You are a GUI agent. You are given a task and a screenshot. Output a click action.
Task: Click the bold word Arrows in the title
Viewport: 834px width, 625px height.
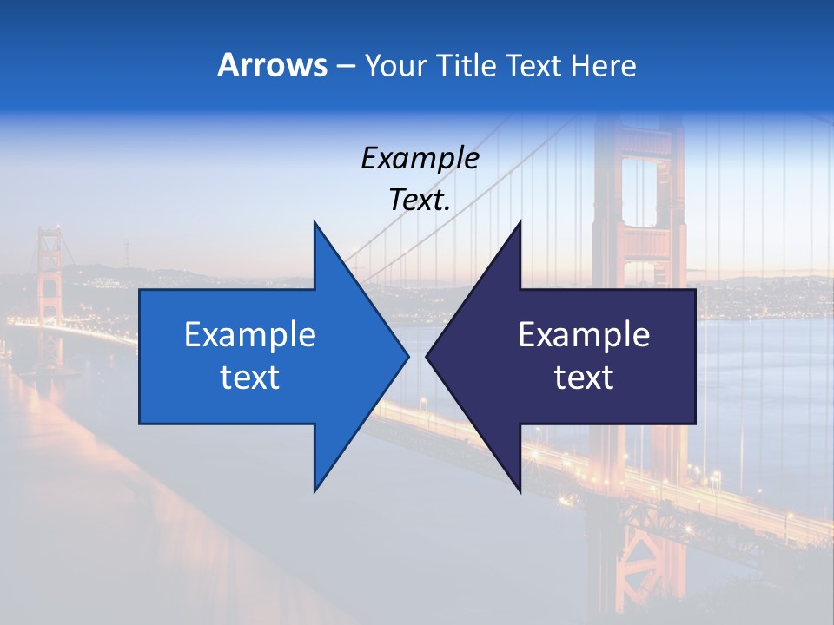272,66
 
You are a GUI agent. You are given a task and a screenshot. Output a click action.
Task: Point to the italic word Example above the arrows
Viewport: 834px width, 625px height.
420,159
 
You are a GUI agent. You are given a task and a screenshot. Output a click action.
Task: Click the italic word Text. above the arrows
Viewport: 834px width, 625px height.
420,201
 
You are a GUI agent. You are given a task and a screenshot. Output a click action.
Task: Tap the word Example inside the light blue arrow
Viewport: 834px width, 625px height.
250,335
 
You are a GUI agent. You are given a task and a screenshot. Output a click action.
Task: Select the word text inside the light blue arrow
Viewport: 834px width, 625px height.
250,378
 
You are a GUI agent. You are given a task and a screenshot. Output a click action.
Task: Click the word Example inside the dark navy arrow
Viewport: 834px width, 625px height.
584,335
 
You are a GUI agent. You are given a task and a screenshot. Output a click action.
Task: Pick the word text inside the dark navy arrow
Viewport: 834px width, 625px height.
584,378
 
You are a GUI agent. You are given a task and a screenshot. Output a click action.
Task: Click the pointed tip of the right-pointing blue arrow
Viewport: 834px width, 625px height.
407,356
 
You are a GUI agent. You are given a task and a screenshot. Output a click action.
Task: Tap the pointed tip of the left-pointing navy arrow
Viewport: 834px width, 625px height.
427,356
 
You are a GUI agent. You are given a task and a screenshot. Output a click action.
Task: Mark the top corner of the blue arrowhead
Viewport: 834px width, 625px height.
314,222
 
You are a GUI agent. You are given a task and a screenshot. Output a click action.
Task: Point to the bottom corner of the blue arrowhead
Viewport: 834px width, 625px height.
314,490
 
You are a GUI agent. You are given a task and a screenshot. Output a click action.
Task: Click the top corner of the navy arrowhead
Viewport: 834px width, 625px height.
520,222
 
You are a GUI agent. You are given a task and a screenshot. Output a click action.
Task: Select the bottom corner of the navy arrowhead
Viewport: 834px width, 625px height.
520,491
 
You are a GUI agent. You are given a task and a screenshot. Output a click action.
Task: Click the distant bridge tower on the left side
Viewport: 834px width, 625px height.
49,286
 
